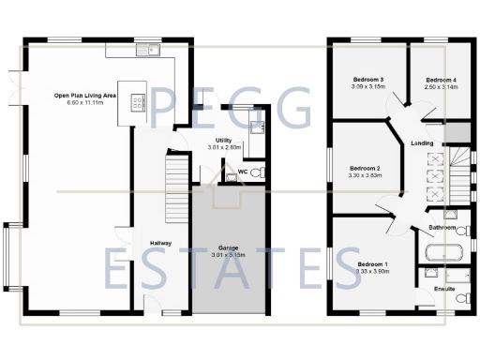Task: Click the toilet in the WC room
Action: coord(260,172)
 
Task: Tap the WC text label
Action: coord(242,172)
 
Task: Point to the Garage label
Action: coord(229,247)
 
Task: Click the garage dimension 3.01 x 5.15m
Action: coord(229,255)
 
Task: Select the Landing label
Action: coord(422,143)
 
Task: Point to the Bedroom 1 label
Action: coord(374,264)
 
